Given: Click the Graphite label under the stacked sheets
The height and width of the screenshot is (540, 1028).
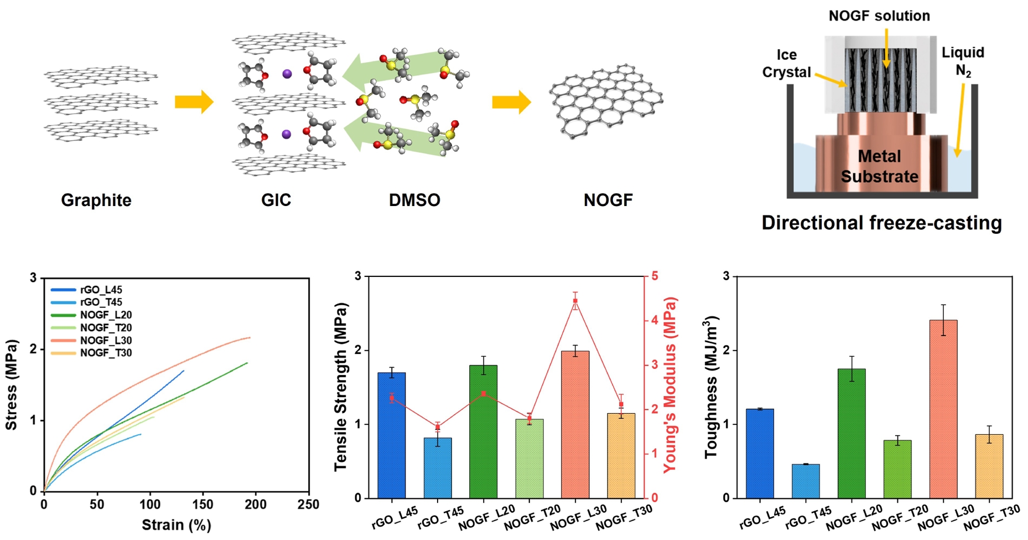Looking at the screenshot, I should pyautogui.click(x=96, y=200).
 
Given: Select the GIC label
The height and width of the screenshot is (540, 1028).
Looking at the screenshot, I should pyautogui.click(x=276, y=200).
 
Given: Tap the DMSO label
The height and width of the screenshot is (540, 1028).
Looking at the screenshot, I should pyautogui.click(x=414, y=200).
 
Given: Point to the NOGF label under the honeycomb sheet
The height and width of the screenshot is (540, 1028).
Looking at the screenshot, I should pyautogui.click(x=608, y=200).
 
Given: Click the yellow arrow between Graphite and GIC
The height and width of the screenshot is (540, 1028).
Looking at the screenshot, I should pyautogui.click(x=194, y=102).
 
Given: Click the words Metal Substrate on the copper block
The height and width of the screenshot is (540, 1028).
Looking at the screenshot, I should pyautogui.click(x=879, y=166).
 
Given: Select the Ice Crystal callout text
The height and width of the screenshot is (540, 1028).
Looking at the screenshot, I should pyautogui.click(x=786, y=64).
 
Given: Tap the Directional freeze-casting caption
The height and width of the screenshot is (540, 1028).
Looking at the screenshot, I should pyautogui.click(x=881, y=223).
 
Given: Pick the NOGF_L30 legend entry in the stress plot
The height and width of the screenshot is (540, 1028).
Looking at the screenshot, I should pyautogui.click(x=106, y=341).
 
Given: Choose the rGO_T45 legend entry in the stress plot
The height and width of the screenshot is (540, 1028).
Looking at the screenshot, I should pyautogui.click(x=101, y=302).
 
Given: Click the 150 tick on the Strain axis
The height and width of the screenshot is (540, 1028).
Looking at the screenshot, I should pyautogui.click(x=203, y=505).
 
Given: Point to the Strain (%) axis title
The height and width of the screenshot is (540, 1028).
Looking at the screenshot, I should pyautogui.click(x=176, y=524).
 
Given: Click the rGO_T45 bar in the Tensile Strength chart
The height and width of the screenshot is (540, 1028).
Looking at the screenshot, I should pyautogui.click(x=438, y=468).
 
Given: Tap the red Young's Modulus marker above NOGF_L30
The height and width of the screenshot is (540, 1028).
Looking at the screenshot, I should pyautogui.click(x=575, y=301).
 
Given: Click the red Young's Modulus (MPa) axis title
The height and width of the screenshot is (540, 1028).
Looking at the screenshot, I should pyautogui.click(x=670, y=384).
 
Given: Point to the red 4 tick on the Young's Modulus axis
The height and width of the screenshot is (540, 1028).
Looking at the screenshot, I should pyautogui.click(x=655, y=320).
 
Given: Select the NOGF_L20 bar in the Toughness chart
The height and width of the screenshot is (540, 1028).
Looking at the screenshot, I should pyautogui.click(x=852, y=433).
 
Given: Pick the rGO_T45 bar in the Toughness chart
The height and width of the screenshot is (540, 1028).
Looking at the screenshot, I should pyautogui.click(x=806, y=481).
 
